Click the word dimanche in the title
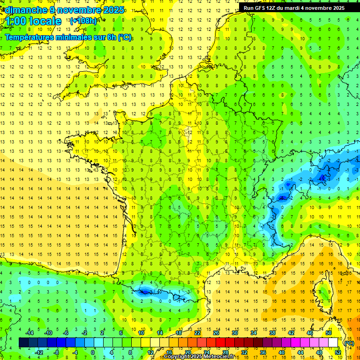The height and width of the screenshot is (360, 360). point(23,10)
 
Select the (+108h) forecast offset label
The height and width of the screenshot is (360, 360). point(83,21)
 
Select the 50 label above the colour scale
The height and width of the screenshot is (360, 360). point(329,333)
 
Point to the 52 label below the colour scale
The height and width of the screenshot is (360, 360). point(337,352)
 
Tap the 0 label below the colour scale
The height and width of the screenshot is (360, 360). point(93,352)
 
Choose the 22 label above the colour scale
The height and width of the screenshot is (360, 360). point(197,333)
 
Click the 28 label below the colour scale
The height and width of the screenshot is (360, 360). point(225,352)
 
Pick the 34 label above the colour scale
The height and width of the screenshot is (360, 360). point(254,333)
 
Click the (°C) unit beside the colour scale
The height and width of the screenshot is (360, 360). point(349,343)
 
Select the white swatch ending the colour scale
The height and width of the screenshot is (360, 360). point(333,343)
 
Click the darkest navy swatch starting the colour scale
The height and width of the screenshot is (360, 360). point(24,343)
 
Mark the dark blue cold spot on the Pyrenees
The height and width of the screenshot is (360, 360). point(144,292)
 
